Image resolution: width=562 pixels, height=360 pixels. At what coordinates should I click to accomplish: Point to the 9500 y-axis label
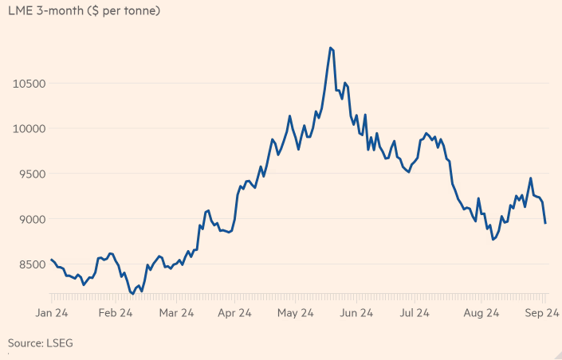pos(26,174)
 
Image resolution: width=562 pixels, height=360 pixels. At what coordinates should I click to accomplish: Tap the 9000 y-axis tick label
pos(26,219)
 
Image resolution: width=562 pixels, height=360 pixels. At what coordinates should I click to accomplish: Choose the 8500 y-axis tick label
pos(26,264)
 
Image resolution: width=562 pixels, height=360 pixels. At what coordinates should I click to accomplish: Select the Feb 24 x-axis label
pos(115,314)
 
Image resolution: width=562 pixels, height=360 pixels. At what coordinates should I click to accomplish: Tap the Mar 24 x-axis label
pos(176,314)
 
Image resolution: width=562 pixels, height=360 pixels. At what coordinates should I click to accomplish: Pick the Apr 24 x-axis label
pos(237,314)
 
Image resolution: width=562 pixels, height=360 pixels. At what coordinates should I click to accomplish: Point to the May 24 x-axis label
pos(297,314)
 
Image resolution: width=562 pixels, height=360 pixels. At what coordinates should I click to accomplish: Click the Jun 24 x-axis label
pos(359,314)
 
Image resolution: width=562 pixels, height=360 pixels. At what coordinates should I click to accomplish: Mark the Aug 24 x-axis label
pos(481,314)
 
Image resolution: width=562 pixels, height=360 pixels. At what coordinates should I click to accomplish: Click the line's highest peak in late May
pos(330,48)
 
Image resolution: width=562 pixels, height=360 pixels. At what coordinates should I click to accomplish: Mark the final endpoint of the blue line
pos(545,223)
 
